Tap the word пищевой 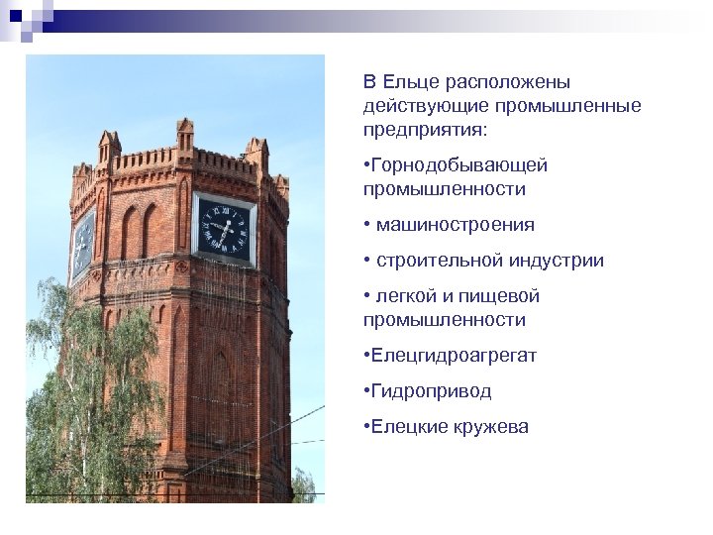tap(504, 296)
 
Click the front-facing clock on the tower tap(223, 227)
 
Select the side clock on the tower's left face tap(82, 244)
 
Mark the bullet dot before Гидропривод tap(366, 391)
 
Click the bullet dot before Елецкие tap(366, 427)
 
